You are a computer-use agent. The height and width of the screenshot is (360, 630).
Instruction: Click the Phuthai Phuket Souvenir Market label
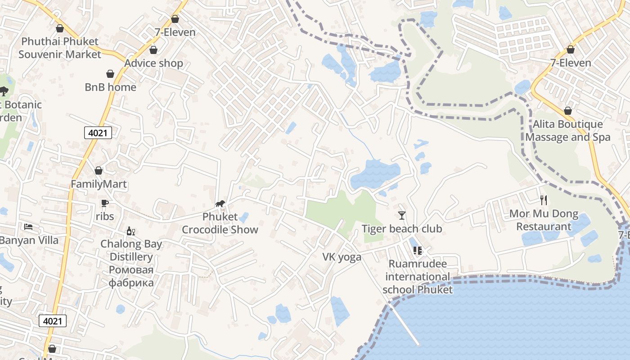pos(60,48)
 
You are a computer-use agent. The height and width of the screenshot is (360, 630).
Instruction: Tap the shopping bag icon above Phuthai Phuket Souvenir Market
pos(60,29)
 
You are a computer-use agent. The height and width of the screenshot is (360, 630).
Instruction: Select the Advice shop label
pos(153,63)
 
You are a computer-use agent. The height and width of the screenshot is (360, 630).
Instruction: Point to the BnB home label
pos(110,87)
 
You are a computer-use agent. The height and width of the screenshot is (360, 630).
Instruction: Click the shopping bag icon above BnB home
pos(110,74)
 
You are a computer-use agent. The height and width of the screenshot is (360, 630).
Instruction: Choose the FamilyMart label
pos(99,184)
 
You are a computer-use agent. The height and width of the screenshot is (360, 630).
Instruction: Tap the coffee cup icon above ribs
pos(105,203)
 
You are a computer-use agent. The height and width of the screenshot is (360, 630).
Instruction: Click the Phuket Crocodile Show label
pos(220,223)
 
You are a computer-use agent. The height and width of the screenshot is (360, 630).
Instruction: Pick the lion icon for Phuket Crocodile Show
pos(220,204)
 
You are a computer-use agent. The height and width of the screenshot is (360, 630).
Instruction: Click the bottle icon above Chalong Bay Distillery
pos(131,231)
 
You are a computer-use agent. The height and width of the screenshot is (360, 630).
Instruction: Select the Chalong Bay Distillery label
pos(131,263)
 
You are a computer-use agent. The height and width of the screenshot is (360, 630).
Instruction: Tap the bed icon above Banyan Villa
pos(28,226)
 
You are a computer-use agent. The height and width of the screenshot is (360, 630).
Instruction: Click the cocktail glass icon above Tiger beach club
pos(402,216)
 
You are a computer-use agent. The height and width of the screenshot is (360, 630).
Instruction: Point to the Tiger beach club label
pos(402,229)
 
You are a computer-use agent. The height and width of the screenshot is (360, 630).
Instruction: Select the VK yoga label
pos(342,257)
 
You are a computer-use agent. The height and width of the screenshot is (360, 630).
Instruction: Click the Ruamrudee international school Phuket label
pos(418,276)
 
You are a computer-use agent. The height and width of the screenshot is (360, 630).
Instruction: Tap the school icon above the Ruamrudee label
pos(417,251)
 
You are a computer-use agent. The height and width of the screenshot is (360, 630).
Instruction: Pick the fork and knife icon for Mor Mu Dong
pos(544,200)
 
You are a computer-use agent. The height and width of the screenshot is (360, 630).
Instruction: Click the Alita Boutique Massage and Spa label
pos(568,130)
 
